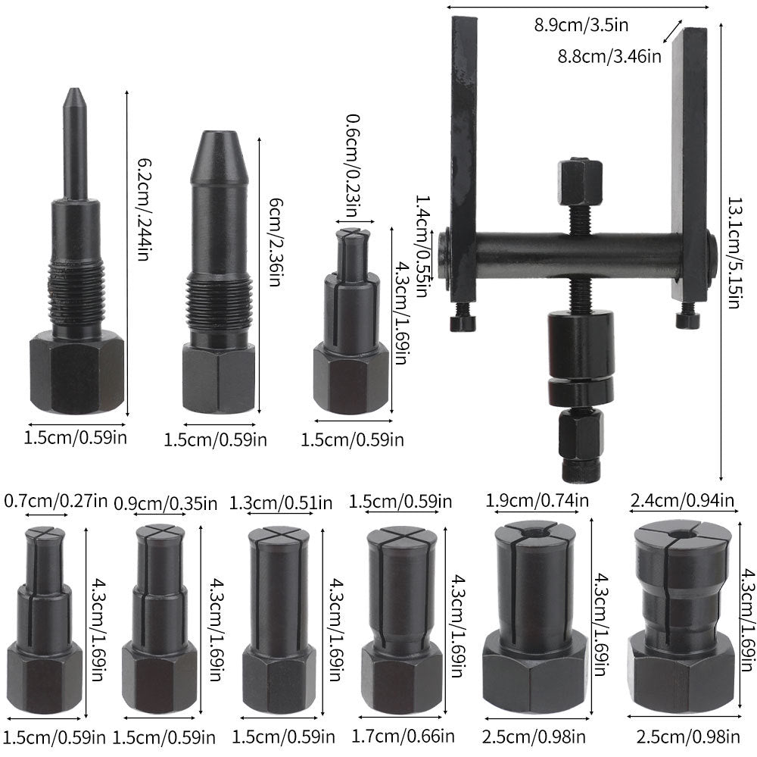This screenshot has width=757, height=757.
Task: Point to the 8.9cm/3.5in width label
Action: pyautogui.click(x=581, y=24)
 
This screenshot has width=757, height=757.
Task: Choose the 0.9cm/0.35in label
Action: pyautogui.click(x=160, y=502)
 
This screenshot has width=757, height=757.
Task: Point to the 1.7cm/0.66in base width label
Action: pyautogui.click(x=403, y=734)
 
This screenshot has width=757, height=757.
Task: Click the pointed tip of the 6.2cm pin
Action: pyautogui.click(x=74, y=95)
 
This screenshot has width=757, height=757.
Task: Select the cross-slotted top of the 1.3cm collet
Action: pyautogui.click(x=279, y=534)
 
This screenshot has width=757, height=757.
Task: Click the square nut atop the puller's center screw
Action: pyautogui.click(x=580, y=180)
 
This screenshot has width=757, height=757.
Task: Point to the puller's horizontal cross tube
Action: pyautogui.click(x=575, y=250)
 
